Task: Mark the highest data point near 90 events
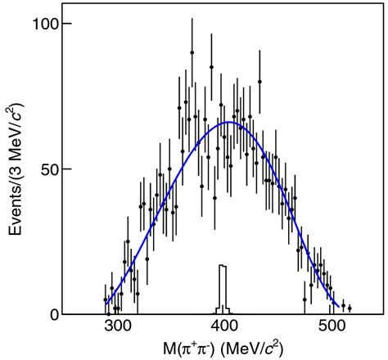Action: point(192,52)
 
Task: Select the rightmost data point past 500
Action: point(350,308)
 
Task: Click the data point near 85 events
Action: point(210,67)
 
